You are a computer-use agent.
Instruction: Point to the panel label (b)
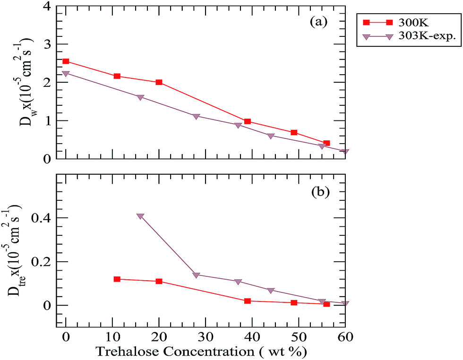319,192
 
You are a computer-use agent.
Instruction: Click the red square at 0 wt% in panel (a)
66,61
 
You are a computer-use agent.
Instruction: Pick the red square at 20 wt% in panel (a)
159,82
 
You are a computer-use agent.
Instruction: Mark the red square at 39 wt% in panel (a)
247,121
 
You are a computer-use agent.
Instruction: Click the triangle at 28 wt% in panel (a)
196,116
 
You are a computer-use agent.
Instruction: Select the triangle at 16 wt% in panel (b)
140,216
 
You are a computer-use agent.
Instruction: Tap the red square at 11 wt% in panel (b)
117,279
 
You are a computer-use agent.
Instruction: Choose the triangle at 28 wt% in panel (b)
196,275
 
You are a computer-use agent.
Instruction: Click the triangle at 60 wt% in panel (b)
345,303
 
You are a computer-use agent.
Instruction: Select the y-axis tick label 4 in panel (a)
47,7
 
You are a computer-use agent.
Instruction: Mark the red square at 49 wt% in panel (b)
294,302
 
